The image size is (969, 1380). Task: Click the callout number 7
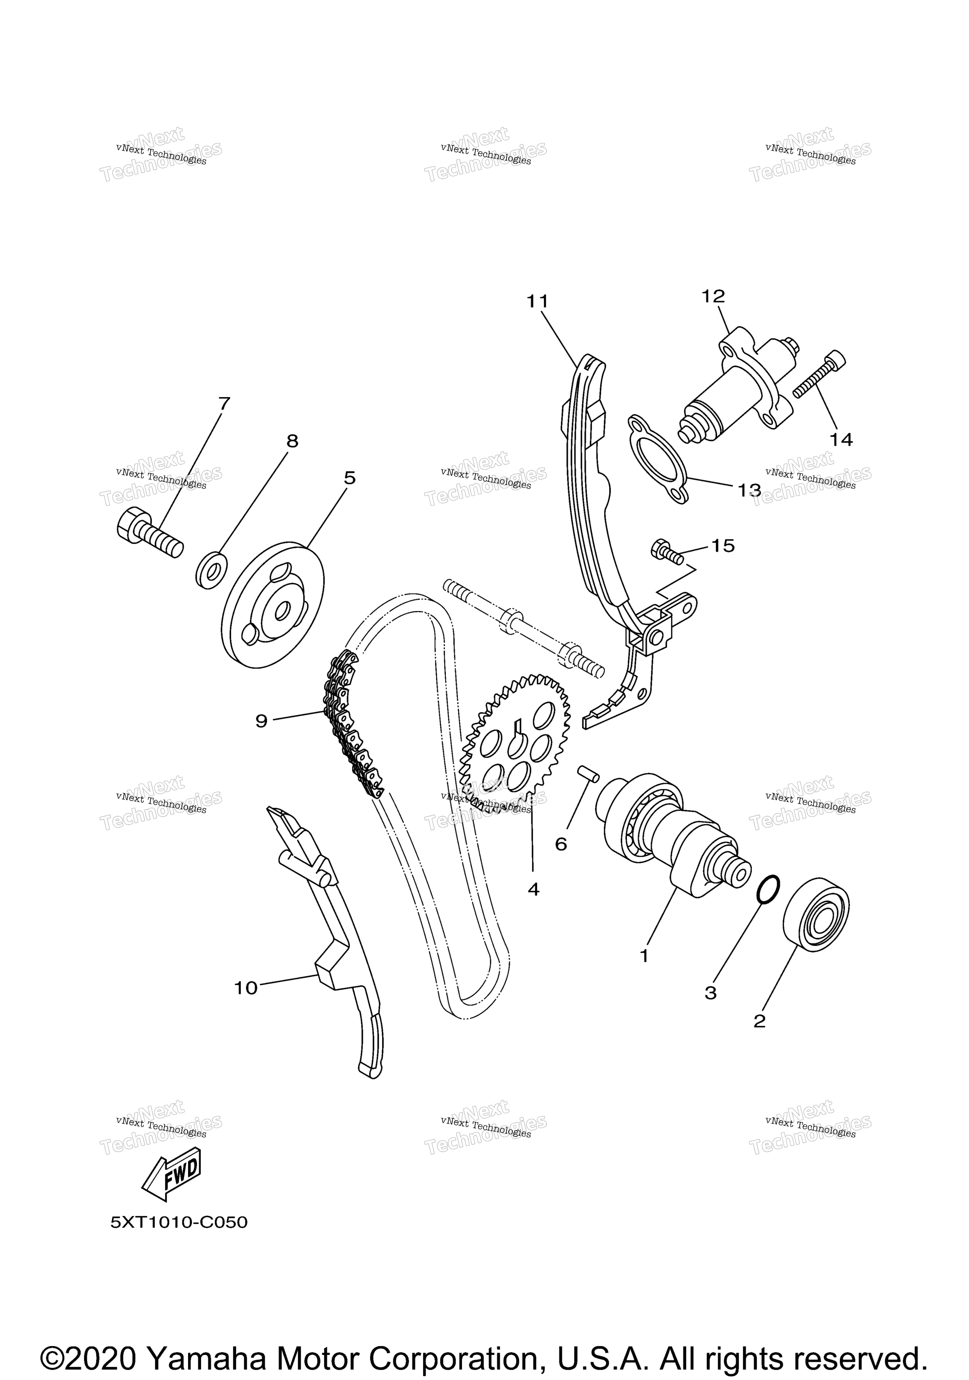pos(224,403)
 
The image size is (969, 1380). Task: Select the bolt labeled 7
pos(149,532)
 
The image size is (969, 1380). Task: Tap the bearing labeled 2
pos(816,915)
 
